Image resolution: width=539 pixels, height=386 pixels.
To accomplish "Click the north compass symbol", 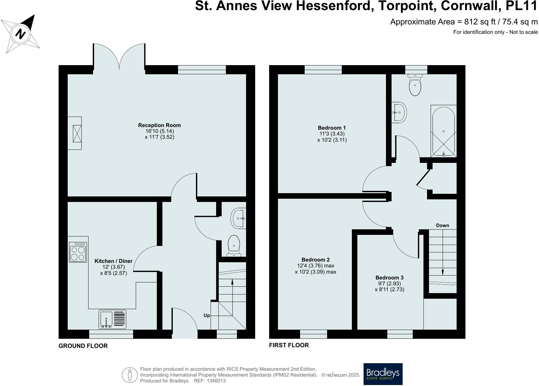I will coord(21,34).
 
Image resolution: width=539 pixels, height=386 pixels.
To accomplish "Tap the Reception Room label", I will coord(159,125).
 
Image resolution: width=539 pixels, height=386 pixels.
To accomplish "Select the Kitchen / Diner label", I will coord(114,261).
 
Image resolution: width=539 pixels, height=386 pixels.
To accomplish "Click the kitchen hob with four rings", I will coord(78,252).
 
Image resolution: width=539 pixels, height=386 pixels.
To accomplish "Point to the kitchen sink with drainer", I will coord(112,319).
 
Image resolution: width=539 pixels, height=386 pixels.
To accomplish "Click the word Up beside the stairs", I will coord(207,315).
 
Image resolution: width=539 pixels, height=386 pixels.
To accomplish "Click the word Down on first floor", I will coord(442,225).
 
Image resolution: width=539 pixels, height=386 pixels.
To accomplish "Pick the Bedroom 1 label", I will coord(332,128).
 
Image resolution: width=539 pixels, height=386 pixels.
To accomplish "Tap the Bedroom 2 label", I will coord(315,260).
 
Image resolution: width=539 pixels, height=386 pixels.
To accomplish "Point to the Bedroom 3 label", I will coord(389,278).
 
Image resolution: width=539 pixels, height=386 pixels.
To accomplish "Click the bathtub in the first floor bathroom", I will coord(443,131).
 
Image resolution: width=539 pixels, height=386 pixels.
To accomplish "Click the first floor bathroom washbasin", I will coord(399,112).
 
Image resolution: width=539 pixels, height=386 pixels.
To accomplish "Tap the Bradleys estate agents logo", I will coord(383,374).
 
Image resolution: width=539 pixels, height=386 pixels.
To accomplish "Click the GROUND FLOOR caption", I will coord(83,346).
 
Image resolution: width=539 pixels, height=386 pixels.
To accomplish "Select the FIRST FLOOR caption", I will coord(289,345).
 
